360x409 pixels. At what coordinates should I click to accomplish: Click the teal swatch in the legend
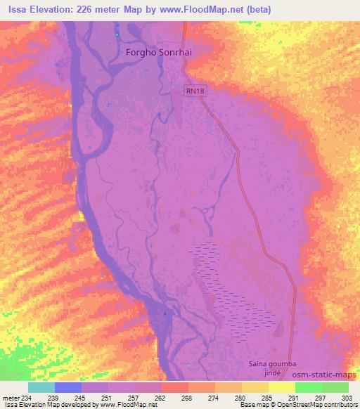(x=41, y=387)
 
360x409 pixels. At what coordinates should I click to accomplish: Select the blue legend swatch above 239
(x=68, y=387)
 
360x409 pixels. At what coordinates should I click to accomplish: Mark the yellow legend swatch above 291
(x=281, y=387)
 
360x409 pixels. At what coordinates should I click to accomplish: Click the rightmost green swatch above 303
(x=335, y=387)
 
